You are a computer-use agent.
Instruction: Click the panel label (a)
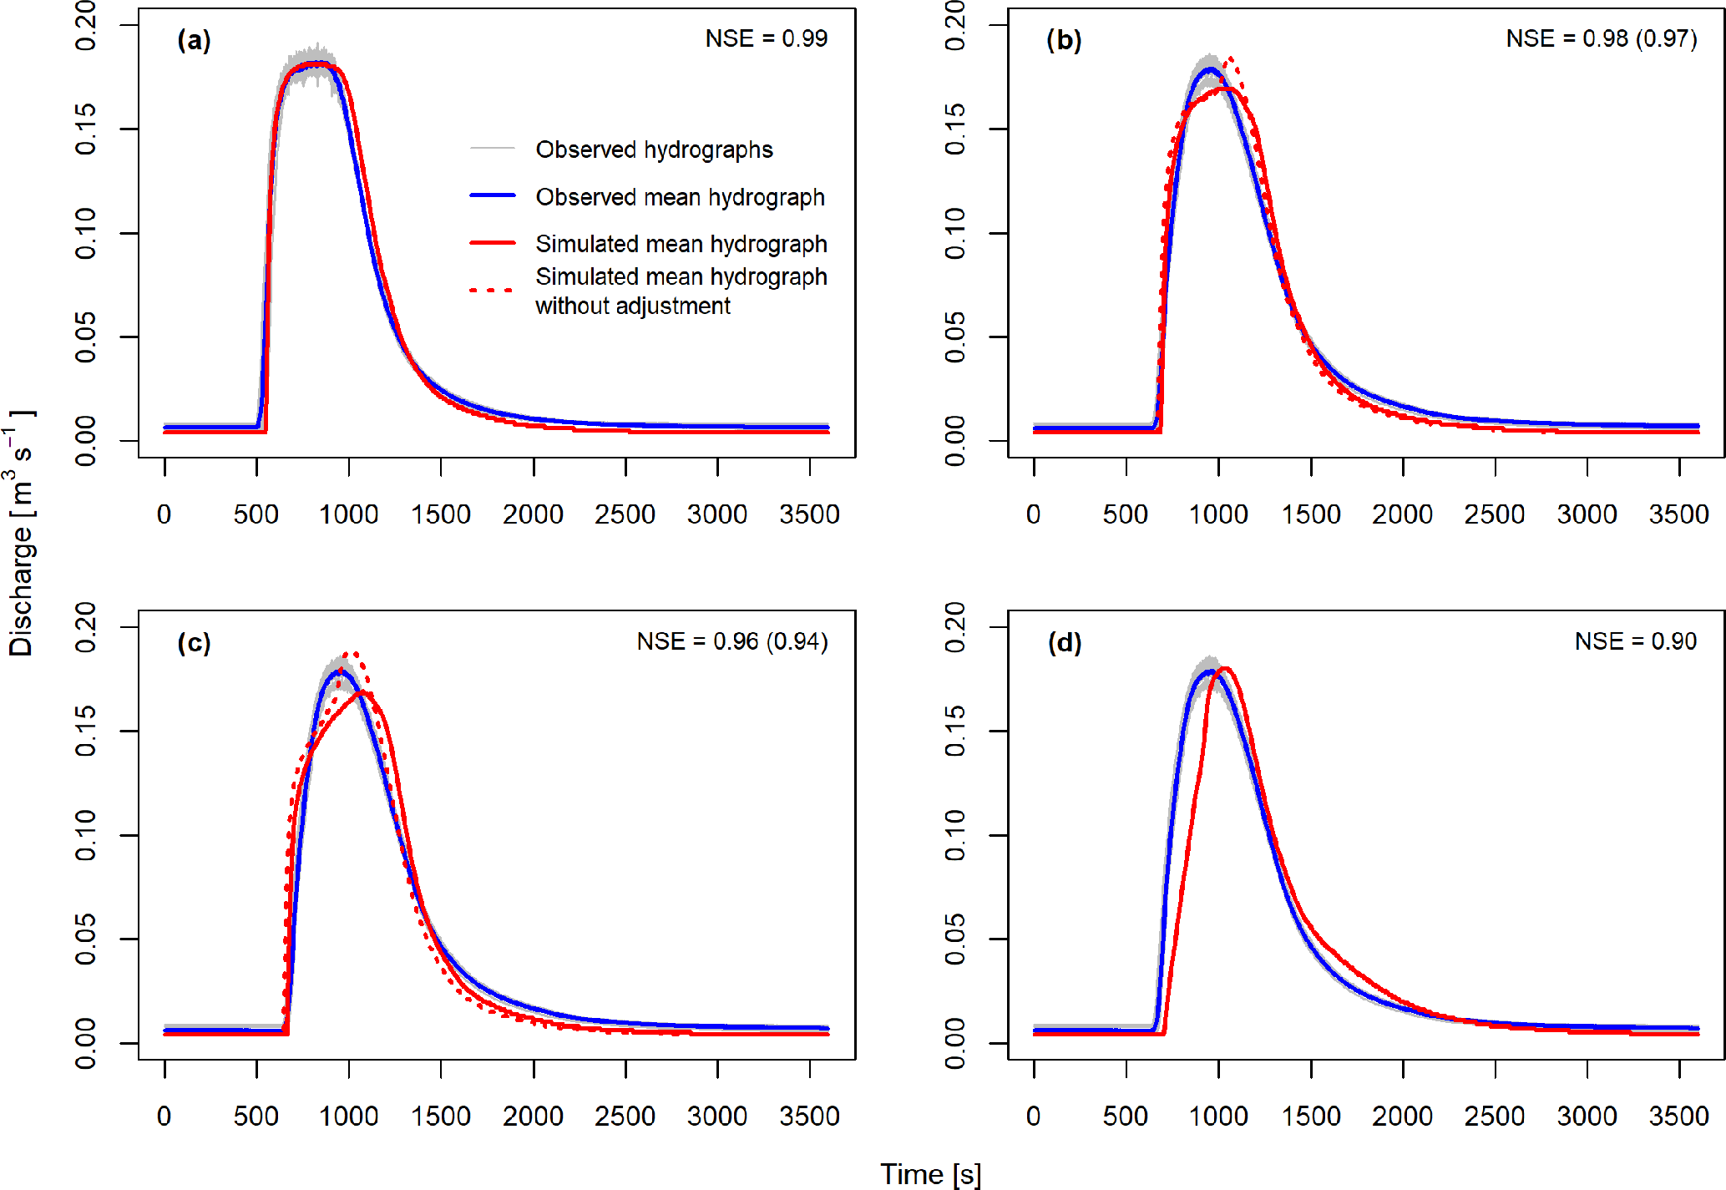194,40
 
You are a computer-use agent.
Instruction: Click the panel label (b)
1064,40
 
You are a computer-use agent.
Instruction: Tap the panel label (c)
194,642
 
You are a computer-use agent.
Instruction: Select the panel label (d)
1064,642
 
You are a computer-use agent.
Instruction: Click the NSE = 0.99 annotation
766,38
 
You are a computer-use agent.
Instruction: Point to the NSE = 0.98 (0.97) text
1601,38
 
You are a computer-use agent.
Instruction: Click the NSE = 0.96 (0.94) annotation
731,641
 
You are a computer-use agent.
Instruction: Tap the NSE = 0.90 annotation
1635,641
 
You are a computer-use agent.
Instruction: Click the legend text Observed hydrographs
654,149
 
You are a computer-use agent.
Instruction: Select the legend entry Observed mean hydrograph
680,197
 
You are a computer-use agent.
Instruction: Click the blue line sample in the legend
493,195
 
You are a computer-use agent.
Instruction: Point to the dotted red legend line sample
493,291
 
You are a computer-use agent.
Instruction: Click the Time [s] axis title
930,1174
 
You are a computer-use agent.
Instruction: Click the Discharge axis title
22,534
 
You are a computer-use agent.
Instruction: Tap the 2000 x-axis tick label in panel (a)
533,514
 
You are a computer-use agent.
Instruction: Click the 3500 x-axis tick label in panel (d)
1678,1117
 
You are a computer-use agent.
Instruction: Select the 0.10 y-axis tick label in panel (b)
954,233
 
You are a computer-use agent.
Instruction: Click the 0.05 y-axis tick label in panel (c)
85,939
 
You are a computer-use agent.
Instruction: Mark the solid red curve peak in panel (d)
1225,669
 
